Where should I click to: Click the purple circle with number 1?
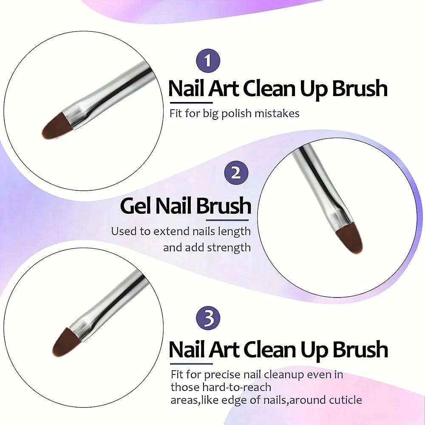pyautogui.click(x=207, y=61)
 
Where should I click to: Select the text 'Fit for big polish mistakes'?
pyautogui.click(x=235, y=113)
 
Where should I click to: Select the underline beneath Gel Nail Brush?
pyautogui.click(x=227, y=220)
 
